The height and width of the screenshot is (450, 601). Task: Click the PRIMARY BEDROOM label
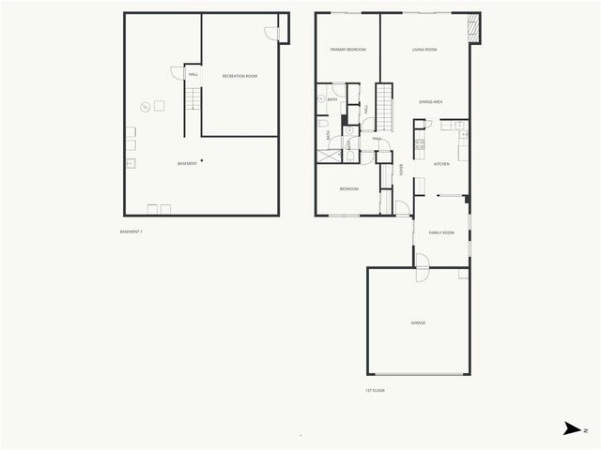click(x=347, y=49)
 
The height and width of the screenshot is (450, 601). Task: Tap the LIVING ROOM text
click(x=424, y=49)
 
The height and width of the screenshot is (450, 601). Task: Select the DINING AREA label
click(x=431, y=101)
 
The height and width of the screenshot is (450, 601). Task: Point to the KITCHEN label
click(x=441, y=164)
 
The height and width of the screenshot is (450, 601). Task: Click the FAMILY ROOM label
click(x=441, y=232)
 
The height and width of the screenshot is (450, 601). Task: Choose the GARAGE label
click(x=418, y=322)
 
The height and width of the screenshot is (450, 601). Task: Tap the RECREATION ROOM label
click(x=239, y=75)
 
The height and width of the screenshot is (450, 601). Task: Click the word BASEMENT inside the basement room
click(x=187, y=164)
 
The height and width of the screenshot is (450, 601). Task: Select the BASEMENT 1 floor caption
click(x=131, y=232)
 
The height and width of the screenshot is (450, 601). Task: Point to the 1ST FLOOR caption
click(x=376, y=390)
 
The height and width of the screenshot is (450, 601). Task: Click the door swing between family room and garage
click(x=422, y=262)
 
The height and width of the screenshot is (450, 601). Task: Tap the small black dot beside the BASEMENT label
click(x=202, y=160)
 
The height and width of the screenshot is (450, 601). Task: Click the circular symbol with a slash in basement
click(x=146, y=106)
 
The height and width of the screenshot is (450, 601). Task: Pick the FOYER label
click(x=401, y=170)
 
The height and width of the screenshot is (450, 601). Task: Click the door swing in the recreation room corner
click(x=271, y=32)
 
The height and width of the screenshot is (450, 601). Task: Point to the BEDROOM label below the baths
click(x=348, y=188)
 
